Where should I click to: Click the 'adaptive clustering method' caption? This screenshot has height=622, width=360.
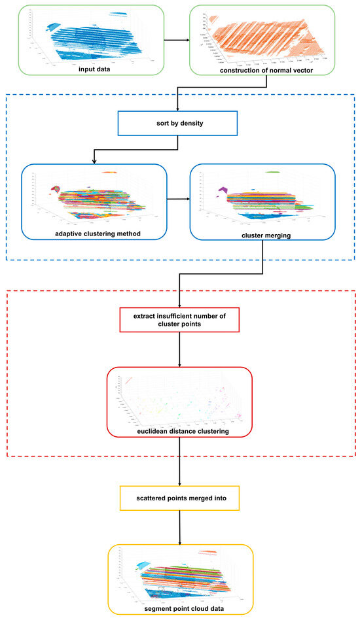(94, 233)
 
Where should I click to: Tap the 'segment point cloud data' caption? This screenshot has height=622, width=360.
(179, 609)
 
